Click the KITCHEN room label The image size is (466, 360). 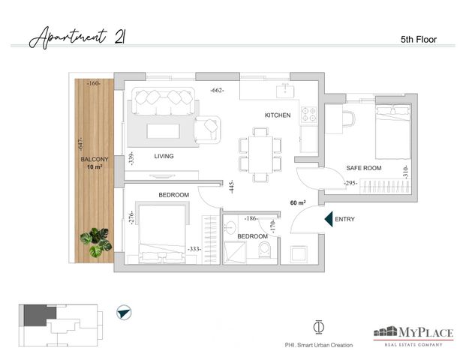[x=278, y=115]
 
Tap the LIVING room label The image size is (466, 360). [x=164, y=156]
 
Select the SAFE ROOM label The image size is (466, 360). [x=364, y=168]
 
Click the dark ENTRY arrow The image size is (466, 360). [x=329, y=219]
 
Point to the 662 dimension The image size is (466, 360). [x=217, y=90]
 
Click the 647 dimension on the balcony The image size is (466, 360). [x=80, y=144]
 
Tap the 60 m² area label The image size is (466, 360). [x=298, y=202]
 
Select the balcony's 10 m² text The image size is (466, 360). [x=95, y=167]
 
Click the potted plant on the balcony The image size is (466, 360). [x=96, y=242]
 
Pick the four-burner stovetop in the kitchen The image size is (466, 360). [x=308, y=115]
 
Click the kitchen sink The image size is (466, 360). [x=285, y=91]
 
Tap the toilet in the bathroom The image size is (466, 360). [x=264, y=250]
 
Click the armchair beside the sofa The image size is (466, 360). [x=207, y=130]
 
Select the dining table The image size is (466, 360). [x=260, y=154]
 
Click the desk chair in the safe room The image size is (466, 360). [x=349, y=118]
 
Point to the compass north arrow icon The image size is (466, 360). [x=124, y=313]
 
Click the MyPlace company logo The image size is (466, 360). [x=413, y=336]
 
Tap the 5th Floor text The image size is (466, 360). [x=419, y=40]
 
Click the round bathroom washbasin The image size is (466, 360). [x=230, y=228]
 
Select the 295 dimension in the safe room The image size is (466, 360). [x=350, y=183]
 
